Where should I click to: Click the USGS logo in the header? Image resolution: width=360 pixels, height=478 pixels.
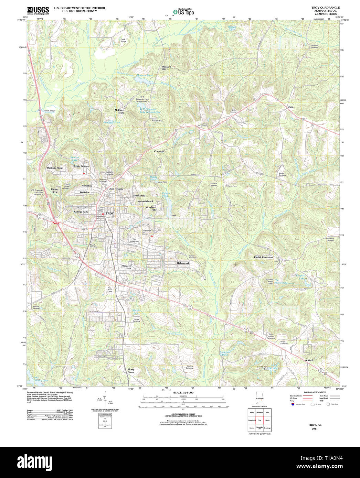(38, 10)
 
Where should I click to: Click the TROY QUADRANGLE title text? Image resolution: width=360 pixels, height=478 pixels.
(325, 8)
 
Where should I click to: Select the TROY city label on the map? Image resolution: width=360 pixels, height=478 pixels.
(109, 214)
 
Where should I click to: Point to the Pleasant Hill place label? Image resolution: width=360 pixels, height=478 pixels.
(166, 68)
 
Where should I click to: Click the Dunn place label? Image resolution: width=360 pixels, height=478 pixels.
(290, 107)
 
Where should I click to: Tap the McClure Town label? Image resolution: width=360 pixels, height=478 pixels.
(119, 111)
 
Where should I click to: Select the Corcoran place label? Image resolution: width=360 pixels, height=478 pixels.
(159, 151)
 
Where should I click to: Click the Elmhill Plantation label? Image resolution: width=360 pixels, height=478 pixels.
(263, 257)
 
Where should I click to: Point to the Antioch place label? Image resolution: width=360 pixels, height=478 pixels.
(309, 360)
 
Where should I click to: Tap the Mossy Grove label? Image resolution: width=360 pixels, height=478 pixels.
(131, 371)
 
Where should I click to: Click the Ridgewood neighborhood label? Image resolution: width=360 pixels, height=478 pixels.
(183, 263)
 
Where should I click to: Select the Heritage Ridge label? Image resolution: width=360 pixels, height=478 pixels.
(55, 168)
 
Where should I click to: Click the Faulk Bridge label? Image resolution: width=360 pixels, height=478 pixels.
(123, 40)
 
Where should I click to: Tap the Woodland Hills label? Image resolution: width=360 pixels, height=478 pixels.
(151, 208)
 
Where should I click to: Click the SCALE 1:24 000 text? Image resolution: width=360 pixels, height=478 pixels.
(183, 392)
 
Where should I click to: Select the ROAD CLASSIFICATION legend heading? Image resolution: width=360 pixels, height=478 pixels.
(315, 392)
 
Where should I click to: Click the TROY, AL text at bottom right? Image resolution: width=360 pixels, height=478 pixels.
(315, 425)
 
